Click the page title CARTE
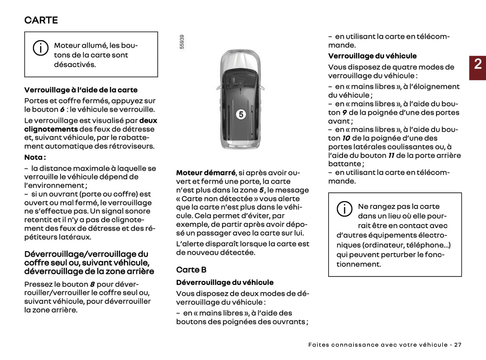point(41,20)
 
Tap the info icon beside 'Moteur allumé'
point(41,48)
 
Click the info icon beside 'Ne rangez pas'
point(344,209)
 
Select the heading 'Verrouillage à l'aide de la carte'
point(81,90)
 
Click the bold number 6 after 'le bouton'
point(62,110)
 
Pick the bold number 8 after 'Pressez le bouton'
point(92,284)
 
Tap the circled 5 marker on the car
point(241,114)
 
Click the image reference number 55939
point(182,42)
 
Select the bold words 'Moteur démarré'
point(206,173)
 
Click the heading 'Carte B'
point(191,270)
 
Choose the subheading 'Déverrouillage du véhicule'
point(225,283)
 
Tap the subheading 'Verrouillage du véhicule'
point(372,56)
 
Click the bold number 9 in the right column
point(344,113)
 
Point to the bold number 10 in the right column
point(346,138)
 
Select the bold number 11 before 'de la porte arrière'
point(391,155)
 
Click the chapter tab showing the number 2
point(478,68)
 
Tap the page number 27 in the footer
point(458,345)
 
